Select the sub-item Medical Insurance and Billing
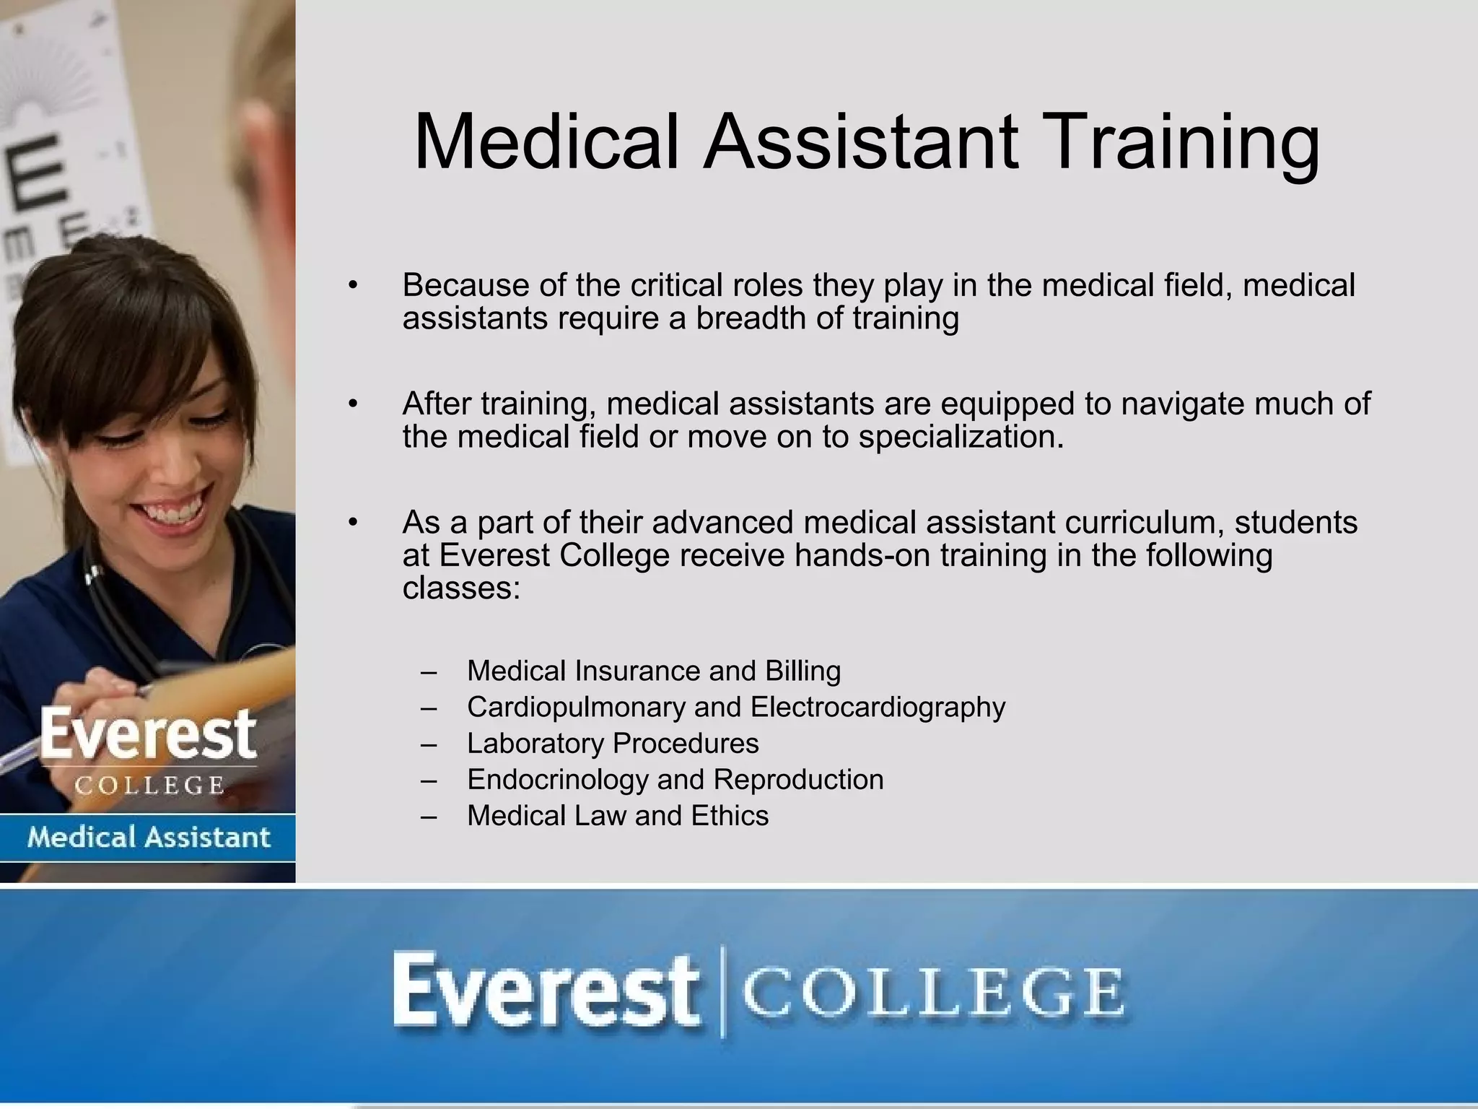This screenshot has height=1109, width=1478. coord(654,671)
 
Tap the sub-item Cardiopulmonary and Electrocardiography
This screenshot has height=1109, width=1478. coord(736,707)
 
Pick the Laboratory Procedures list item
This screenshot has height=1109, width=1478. coord(613,744)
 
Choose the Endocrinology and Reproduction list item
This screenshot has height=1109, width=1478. coord(675,780)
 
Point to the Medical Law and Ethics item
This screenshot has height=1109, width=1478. coord(618,816)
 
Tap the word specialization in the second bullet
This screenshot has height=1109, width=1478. coord(961,437)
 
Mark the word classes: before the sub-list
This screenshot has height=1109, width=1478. coord(461,588)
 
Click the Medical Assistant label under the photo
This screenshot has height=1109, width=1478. coord(148,838)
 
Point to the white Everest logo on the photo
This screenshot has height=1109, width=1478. coord(148,735)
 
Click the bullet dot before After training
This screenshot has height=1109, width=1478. coord(352,404)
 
